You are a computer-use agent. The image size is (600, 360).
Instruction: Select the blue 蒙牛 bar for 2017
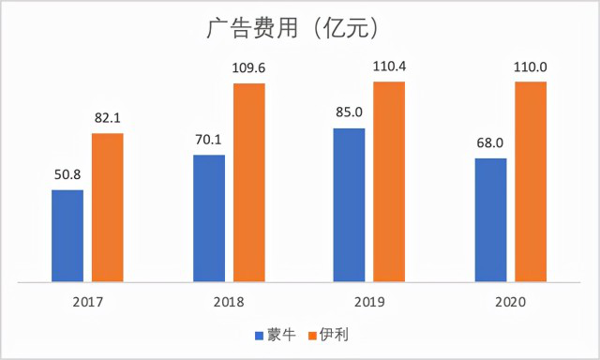(x=67, y=234)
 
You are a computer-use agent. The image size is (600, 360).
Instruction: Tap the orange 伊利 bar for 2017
(x=108, y=206)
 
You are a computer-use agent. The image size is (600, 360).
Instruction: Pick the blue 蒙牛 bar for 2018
(x=208, y=217)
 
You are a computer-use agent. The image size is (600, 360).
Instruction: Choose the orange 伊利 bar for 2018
(x=249, y=182)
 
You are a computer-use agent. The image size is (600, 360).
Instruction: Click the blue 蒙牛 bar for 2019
(x=349, y=204)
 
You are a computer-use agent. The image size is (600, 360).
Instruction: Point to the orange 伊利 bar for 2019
(x=390, y=181)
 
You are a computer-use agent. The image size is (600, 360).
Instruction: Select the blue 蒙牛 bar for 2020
(x=490, y=219)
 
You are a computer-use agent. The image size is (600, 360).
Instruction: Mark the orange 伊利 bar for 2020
(x=532, y=181)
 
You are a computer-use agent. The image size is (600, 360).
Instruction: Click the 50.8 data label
(x=67, y=174)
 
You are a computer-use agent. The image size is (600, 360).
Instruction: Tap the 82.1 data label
(x=108, y=117)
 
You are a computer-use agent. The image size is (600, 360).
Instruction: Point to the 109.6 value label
(x=249, y=67)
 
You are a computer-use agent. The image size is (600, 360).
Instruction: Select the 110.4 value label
(x=390, y=66)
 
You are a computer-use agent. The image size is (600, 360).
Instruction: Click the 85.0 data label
(x=349, y=112)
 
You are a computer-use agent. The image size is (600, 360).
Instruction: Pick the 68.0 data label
(x=490, y=142)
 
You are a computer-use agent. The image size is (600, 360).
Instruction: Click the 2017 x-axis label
(x=87, y=302)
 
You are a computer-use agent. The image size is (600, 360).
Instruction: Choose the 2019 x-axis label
(x=369, y=302)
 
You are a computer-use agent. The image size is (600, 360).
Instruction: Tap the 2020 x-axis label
(x=511, y=302)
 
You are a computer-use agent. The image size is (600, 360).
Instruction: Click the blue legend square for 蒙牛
(x=259, y=334)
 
